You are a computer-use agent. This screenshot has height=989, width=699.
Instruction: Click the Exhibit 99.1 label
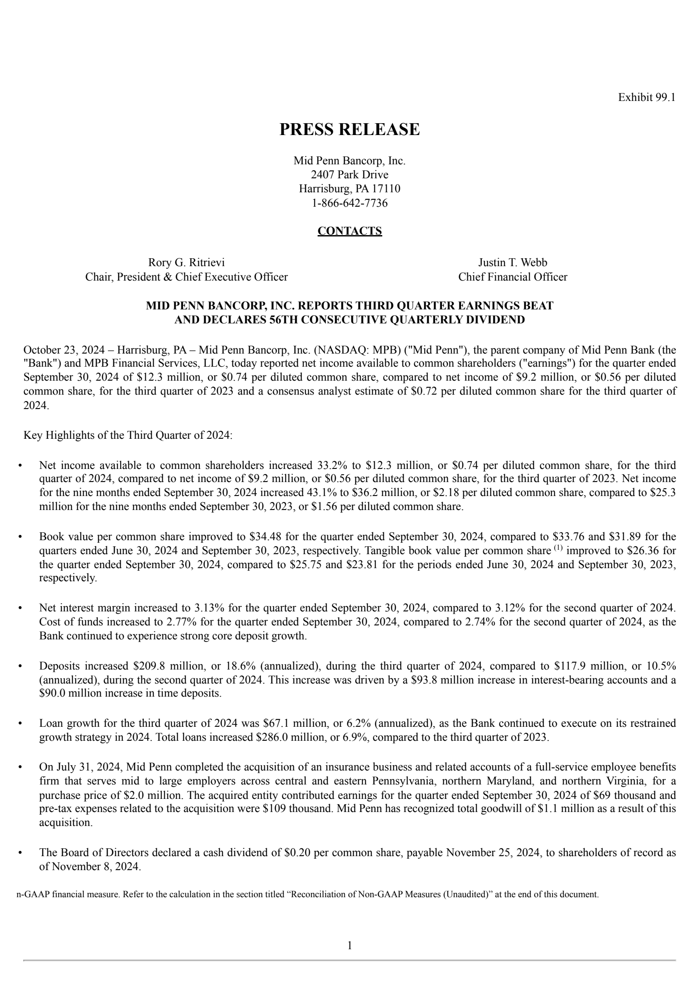(646, 97)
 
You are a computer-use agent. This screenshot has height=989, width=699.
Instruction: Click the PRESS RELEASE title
(349, 129)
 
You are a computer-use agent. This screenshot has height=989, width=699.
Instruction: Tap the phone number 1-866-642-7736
(349, 203)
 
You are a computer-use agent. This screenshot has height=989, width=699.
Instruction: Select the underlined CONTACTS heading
(349, 231)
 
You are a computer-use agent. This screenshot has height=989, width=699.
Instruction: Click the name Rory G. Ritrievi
(187, 262)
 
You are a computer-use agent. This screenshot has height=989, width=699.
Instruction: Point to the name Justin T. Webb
(512, 262)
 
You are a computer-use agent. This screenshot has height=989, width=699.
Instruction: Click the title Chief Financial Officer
(512, 277)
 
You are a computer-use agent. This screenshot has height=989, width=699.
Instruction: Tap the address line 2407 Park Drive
(349, 175)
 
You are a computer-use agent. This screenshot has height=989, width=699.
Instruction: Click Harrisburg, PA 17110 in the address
(349, 189)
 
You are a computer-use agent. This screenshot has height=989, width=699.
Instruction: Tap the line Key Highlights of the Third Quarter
(128, 435)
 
